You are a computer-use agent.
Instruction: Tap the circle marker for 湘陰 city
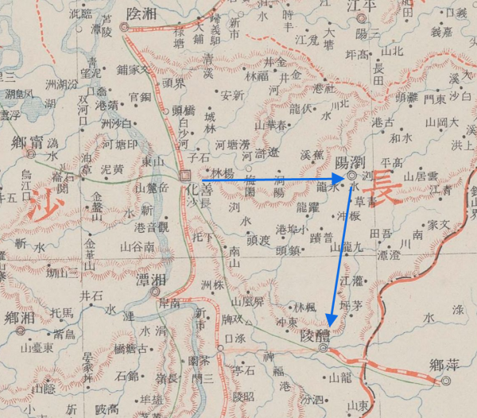click(x=124, y=27)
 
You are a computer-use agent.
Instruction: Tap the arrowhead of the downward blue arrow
click(x=332, y=330)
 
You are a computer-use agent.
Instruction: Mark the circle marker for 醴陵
click(x=323, y=348)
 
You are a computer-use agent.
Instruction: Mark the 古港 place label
click(x=382, y=122)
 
